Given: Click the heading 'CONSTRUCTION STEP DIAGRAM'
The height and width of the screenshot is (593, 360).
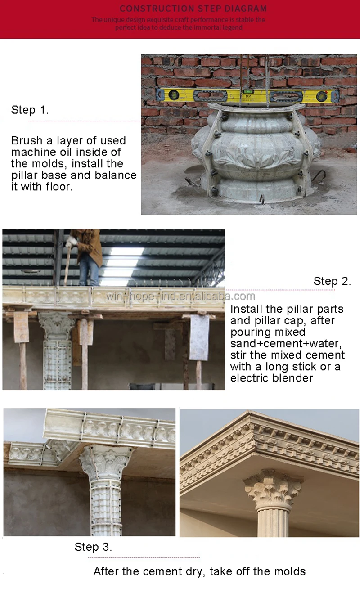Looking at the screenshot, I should pyautogui.click(x=193, y=9).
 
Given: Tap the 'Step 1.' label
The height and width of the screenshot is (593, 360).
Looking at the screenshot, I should pyautogui.click(x=30, y=110).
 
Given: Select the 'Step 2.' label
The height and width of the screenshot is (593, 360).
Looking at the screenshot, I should pyautogui.click(x=332, y=281).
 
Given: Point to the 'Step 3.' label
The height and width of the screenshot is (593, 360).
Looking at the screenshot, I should pyautogui.click(x=93, y=547).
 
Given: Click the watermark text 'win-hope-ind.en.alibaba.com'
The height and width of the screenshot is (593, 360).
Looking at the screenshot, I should pyautogui.click(x=180, y=296).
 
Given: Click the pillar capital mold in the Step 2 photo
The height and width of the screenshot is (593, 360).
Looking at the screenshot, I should pyautogui.click(x=56, y=324).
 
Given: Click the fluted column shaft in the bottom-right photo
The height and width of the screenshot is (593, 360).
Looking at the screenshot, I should pyautogui.click(x=272, y=522).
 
